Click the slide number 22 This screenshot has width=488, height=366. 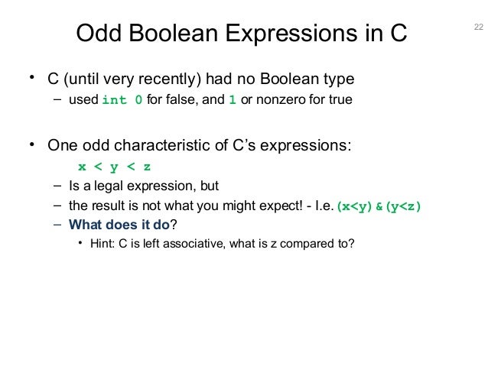click(479, 28)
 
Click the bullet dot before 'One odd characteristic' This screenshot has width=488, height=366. click(32, 144)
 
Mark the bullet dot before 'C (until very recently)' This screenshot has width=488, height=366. click(32, 78)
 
